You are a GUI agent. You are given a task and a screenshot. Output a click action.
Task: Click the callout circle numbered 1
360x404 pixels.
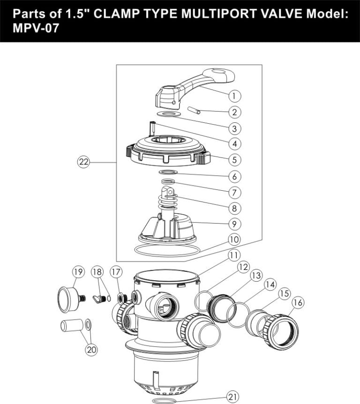(234, 96)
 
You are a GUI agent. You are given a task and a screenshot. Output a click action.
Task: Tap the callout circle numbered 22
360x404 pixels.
(83, 162)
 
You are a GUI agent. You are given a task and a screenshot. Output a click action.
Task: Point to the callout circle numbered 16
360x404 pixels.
(298, 303)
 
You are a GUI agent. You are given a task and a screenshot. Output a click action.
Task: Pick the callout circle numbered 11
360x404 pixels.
(234, 255)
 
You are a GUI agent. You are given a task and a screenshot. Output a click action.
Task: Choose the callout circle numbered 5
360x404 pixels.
(234, 159)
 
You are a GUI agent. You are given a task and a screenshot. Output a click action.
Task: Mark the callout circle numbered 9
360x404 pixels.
(234, 224)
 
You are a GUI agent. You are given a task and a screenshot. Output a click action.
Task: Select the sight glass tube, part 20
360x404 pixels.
(70, 325)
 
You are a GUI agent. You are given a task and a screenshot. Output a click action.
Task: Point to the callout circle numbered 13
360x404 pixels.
(255, 276)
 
